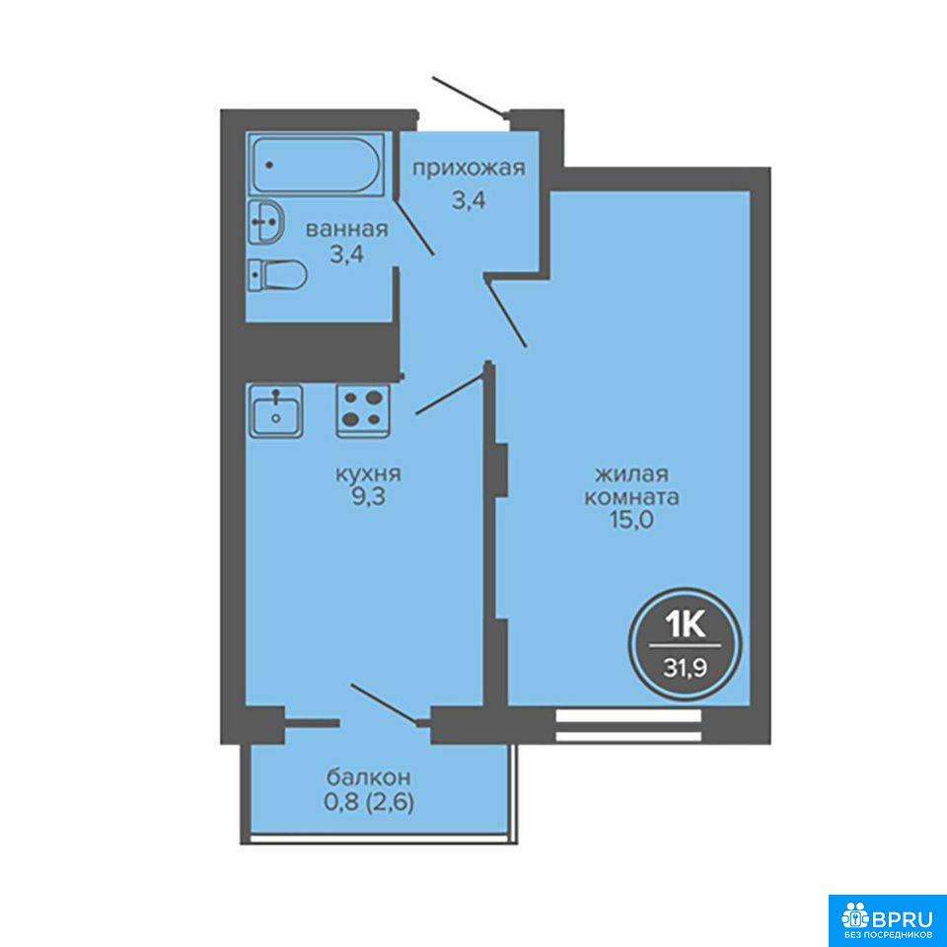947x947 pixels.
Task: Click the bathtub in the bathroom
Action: [316, 165]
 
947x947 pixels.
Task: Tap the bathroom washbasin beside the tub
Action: [265, 222]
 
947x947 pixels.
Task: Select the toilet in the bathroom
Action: [278, 275]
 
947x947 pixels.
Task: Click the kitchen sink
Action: [276, 410]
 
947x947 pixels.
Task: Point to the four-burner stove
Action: [363, 410]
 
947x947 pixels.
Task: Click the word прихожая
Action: [470, 169]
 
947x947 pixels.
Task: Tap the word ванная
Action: [346, 230]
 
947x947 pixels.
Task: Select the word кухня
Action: [368, 473]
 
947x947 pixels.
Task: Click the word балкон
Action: [369, 775]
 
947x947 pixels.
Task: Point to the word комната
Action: [632, 497]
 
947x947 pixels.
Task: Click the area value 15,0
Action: [632, 520]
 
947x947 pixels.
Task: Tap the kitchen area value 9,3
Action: [369, 497]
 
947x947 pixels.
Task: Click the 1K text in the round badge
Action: [686, 624]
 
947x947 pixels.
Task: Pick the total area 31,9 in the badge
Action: [686, 668]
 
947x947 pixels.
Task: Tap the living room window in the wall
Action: [628, 725]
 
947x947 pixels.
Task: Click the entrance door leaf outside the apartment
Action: [469, 96]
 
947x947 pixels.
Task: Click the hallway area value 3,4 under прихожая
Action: [470, 199]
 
